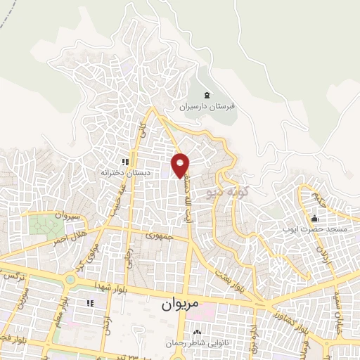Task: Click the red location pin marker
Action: click(x=181, y=165)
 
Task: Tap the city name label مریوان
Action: click(x=171, y=306)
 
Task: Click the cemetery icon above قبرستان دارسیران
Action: click(x=206, y=96)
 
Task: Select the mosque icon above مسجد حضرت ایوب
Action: click(x=314, y=218)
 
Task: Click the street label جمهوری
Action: click(x=160, y=237)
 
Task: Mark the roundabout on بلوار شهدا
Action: click(x=70, y=280)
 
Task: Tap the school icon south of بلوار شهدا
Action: click(x=89, y=303)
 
